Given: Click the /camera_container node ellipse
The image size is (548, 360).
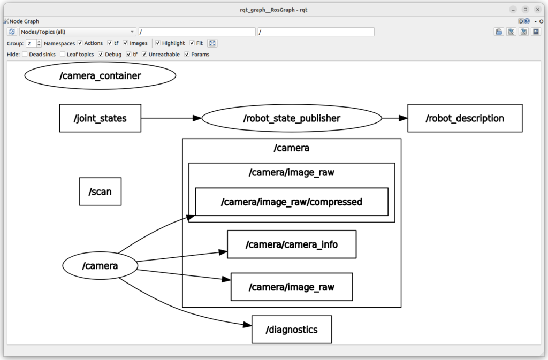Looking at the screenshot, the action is [x=100, y=76].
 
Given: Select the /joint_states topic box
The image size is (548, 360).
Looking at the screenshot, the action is [x=100, y=118].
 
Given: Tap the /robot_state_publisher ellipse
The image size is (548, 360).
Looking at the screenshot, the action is [x=292, y=118].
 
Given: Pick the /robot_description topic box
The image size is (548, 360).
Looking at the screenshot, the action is [x=465, y=118].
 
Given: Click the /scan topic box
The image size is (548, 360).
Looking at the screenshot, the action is [x=100, y=192].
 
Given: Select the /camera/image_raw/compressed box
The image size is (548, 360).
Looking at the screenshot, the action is [x=292, y=202].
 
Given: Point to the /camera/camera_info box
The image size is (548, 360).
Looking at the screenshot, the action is [x=292, y=244].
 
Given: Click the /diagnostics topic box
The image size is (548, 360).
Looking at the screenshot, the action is [x=292, y=330].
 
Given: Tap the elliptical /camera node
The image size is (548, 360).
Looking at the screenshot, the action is [x=100, y=266].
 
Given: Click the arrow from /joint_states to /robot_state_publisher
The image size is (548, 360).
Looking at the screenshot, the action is [x=171, y=118].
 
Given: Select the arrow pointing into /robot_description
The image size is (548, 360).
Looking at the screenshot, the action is [x=394, y=118].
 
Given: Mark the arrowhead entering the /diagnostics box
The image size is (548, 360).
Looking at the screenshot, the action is [x=247, y=325].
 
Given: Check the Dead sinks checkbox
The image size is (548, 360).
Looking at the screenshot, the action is [x=25, y=54].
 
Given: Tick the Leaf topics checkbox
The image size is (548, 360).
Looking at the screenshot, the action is [x=63, y=54].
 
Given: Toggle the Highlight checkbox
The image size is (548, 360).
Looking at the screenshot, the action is [x=158, y=43].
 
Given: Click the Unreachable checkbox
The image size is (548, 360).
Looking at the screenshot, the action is [x=144, y=54].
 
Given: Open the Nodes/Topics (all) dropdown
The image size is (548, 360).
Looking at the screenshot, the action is [x=78, y=32].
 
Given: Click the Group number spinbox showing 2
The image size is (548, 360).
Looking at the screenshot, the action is [x=34, y=43].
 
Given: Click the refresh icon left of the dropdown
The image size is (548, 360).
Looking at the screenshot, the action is [x=12, y=32].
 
